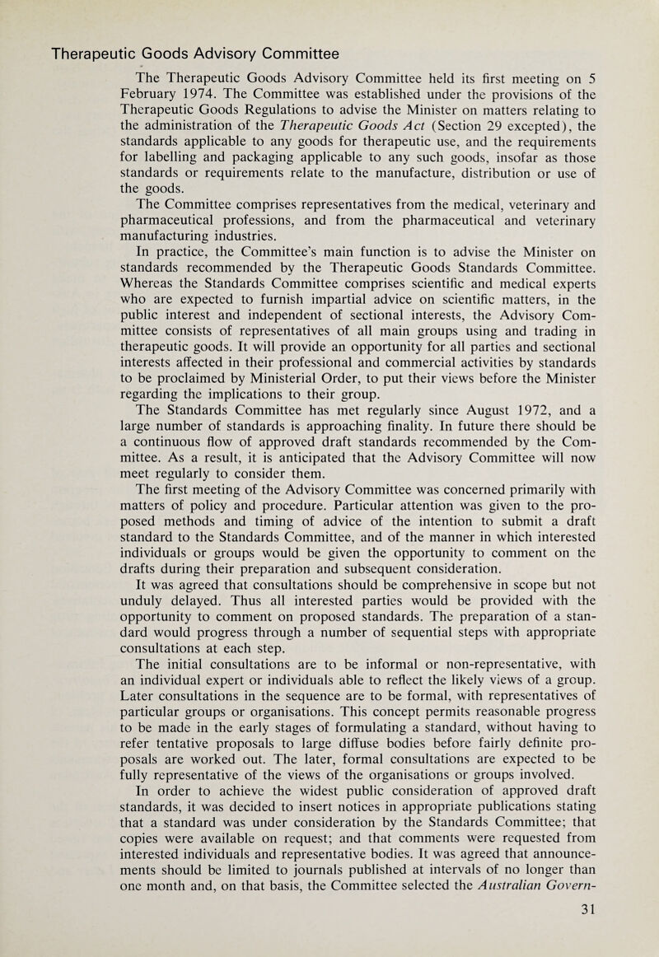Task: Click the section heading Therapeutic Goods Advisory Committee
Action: point(196,54)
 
